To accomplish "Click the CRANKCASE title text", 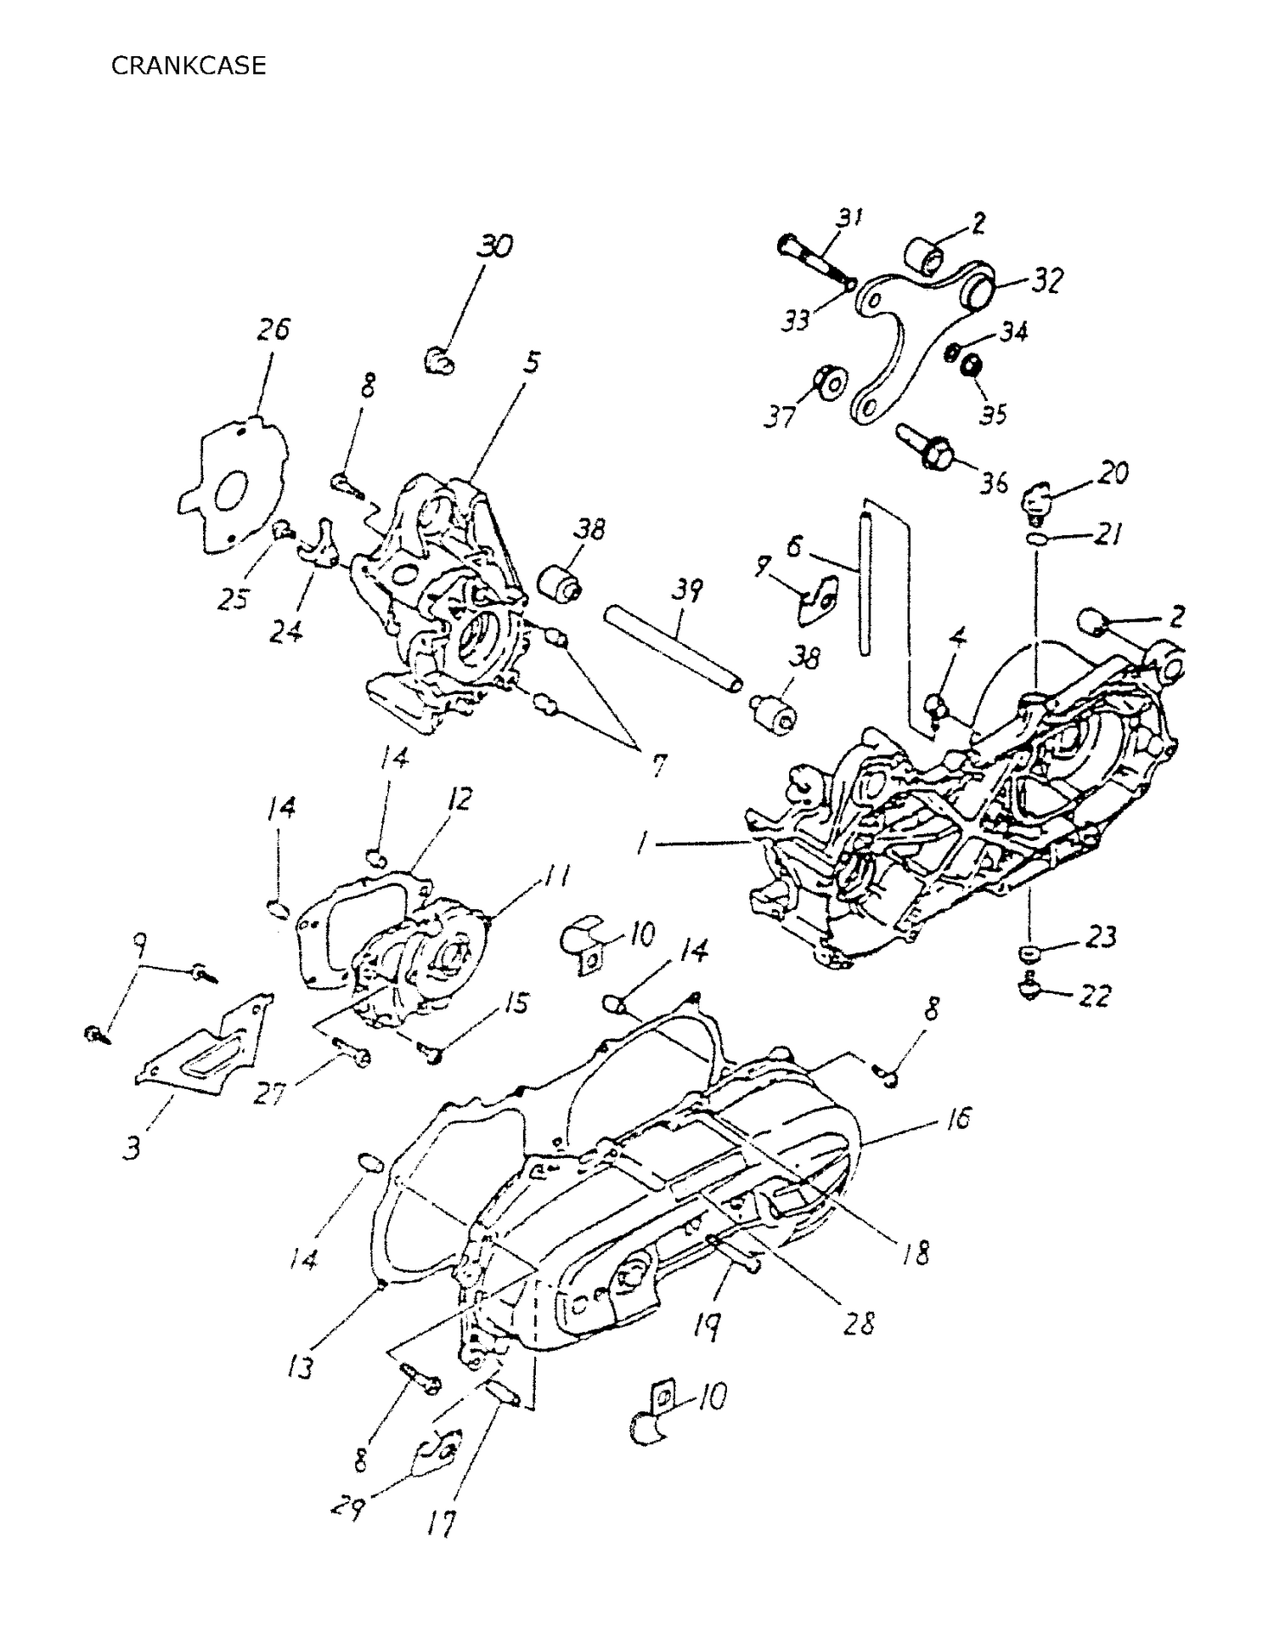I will [x=188, y=65].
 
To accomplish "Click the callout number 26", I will [x=273, y=328].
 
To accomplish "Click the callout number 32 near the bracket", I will [x=1046, y=280].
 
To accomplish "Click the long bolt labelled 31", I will [x=814, y=262].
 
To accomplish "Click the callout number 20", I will [x=1113, y=472].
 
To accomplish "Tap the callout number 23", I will [x=1101, y=937].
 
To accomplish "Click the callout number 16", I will [x=957, y=1119].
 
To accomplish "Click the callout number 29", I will [x=347, y=1509].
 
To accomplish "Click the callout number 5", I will [x=531, y=363].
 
